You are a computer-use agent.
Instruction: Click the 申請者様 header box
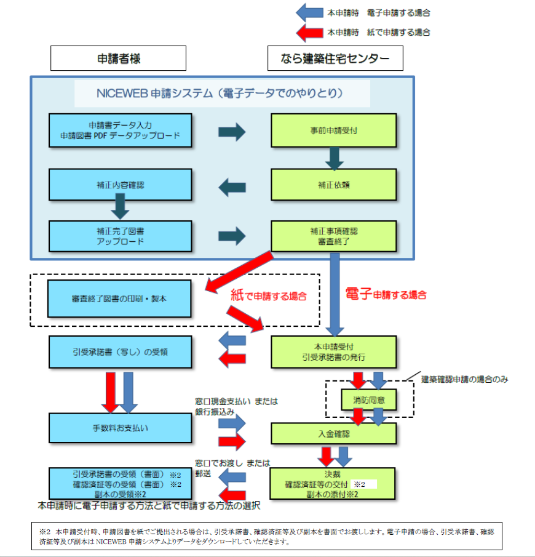click(118, 58)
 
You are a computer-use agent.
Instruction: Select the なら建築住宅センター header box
click(335, 58)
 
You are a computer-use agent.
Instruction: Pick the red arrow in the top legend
click(310, 32)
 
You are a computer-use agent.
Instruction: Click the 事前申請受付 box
click(335, 130)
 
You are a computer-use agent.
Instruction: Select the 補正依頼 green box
click(335, 184)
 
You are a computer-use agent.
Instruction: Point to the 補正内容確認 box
click(121, 184)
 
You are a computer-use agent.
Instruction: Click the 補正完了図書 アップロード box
click(121, 236)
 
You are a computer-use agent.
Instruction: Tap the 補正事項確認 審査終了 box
click(335, 236)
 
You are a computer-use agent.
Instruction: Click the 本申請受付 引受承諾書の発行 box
click(335, 351)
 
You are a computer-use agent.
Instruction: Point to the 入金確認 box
click(335, 433)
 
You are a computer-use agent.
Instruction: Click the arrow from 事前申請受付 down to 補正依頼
click(335, 158)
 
